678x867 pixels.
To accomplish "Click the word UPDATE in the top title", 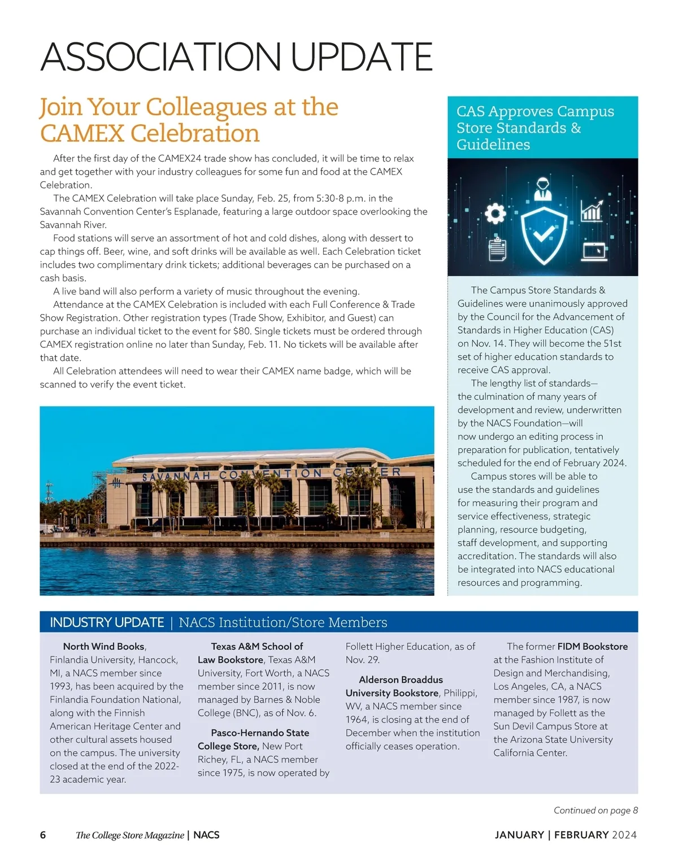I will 362,57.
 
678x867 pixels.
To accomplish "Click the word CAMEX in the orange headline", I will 82,134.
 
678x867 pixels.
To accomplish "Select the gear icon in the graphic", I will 495,213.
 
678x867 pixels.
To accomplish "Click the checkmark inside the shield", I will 543,232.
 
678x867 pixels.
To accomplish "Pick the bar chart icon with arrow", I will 592,210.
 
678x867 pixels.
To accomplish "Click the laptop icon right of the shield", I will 594,251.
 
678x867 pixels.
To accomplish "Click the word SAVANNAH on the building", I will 175,477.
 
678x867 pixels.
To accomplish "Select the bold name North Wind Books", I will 104,646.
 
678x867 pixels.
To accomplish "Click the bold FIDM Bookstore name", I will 592,646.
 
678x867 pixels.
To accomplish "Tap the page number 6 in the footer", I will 43,835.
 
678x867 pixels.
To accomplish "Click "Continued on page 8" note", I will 596,810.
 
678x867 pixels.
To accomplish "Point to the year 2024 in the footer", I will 624,835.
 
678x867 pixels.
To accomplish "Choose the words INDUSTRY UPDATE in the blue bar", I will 107,622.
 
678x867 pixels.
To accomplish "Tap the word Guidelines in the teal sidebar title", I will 493,145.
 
